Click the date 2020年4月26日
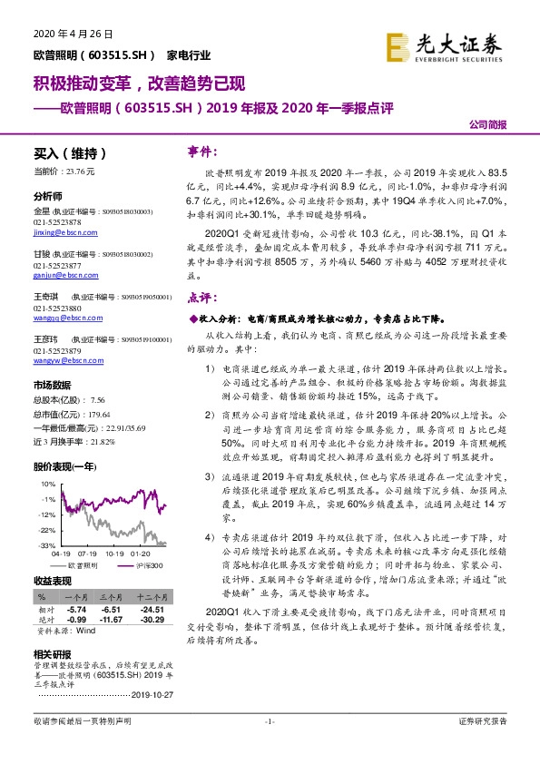pos(65,34)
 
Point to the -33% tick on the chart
pos(44,545)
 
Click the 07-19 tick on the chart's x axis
pos(88,553)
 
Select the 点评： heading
pos(201,297)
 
